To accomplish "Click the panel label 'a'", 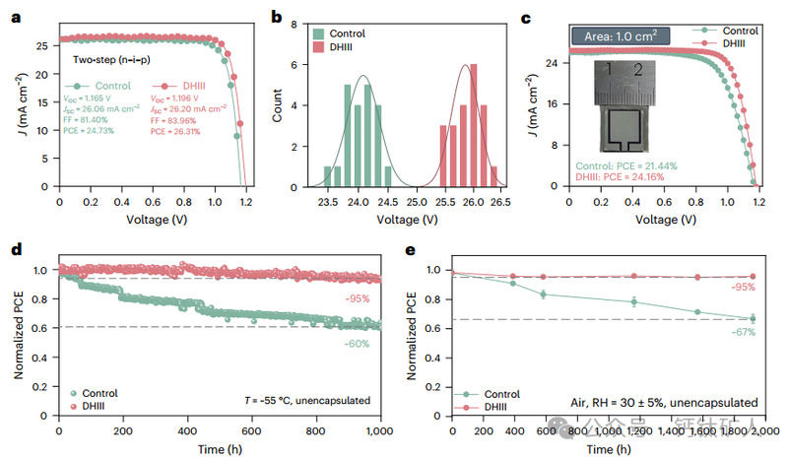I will pos(14,17).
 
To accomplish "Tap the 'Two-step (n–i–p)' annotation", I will pos(112,59).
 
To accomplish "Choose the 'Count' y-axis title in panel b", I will pos(278,106).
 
